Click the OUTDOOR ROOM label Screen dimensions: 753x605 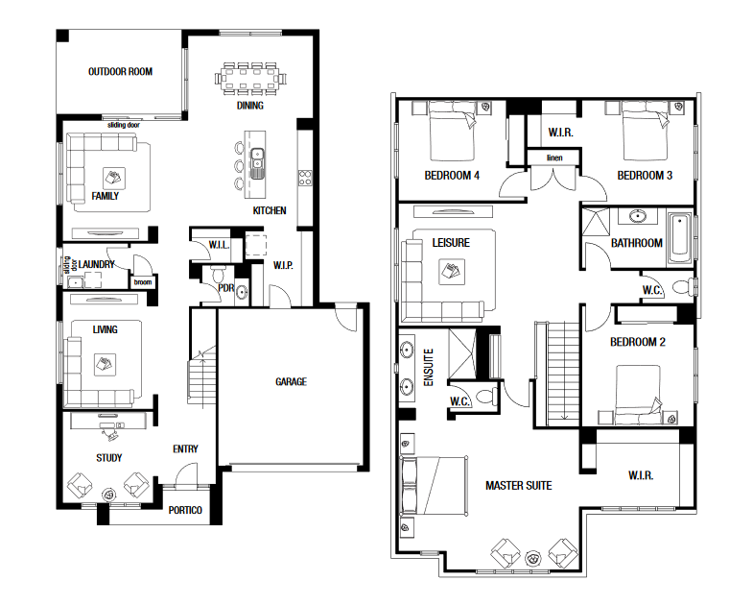[x=120, y=72]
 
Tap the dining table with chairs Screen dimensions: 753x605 [x=250, y=77]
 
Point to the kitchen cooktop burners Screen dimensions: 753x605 [x=305, y=178]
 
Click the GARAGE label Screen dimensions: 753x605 [x=291, y=382]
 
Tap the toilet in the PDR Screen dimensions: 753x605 [x=219, y=275]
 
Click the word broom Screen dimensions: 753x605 [x=143, y=282]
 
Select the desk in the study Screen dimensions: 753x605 [x=108, y=421]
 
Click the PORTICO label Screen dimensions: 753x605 [x=185, y=510]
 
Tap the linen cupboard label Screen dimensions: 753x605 [x=554, y=157]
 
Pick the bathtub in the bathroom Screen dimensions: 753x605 [x=679, y=239]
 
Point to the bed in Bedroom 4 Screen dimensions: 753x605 [x=452, y=131]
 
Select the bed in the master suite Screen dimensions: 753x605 [x=435, y=486]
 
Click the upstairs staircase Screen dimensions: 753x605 [x=564, y=374]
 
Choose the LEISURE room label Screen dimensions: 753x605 [x=451, y=243]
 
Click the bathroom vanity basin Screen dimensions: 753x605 [x=637, y=216]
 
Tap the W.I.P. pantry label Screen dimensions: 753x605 [x=283, y=265]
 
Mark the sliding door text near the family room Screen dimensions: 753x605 [x=124, y=125]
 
